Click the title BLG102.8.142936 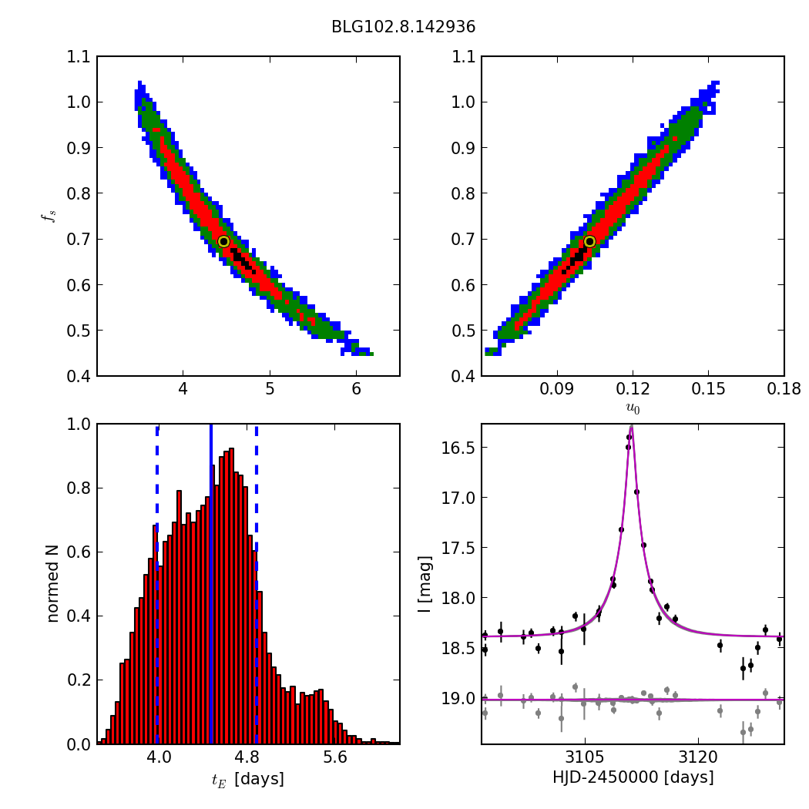click(403, 27)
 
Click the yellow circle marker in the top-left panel click(224, 241)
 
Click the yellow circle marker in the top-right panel click(589, 241)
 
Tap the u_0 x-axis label click(633, 408)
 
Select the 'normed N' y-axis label click(52, 583)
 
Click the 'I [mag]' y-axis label click(425, 583)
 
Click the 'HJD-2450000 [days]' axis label click(633, 778)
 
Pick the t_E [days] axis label click(248, 779)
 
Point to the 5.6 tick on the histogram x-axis click(335, 758)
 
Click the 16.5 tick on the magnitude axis click(461, 448)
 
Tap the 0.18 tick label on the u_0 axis click(784, 390)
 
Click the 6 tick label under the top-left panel click(356, 390)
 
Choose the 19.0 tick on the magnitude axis click(461, 698)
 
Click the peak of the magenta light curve click(631, 427)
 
